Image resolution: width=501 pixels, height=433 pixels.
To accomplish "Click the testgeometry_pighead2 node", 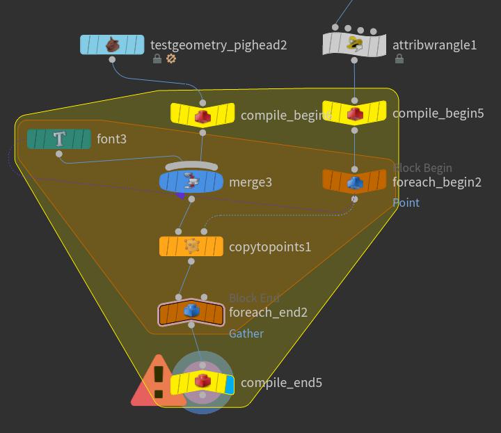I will click(x=112, y=45).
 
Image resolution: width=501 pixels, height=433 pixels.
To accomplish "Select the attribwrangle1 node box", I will click(x=354, y=45).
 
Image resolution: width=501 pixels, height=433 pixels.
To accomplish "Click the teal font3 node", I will click(x=59, y=139).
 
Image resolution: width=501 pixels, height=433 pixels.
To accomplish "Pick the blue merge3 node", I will click(x=191, y=182).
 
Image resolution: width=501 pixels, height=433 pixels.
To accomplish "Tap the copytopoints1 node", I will click(x=191, y=246).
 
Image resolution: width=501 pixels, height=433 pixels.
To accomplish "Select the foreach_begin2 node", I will click(x=354, y=181).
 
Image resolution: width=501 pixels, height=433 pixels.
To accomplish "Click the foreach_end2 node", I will click(x=191, y=313).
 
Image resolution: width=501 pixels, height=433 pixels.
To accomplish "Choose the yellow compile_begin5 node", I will click(x=354, y=112).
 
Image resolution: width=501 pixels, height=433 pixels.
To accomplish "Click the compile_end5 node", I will click(x=202, y=383).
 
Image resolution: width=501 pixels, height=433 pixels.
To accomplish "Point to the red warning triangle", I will click(x=158, y=383).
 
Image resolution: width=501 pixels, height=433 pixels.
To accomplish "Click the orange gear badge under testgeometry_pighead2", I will click(x=171, y=59).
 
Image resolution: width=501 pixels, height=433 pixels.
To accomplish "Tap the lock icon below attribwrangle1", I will click(x=399, y=59).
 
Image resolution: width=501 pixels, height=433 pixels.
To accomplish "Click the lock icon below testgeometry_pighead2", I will click(x=158, y=59).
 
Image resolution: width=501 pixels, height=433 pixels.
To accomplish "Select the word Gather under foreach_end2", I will click(x=246, y=333).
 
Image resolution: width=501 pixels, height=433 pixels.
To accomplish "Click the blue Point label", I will click(x=406, y=203).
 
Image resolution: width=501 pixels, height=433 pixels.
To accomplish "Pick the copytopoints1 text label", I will click(x=270, y=246).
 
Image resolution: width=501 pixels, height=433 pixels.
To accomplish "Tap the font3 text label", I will click(x=111, y=139).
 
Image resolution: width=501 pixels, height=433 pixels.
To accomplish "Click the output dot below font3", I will click(x=59, y=154).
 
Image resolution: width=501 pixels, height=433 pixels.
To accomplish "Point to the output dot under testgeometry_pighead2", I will click(x=112, y=60).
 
